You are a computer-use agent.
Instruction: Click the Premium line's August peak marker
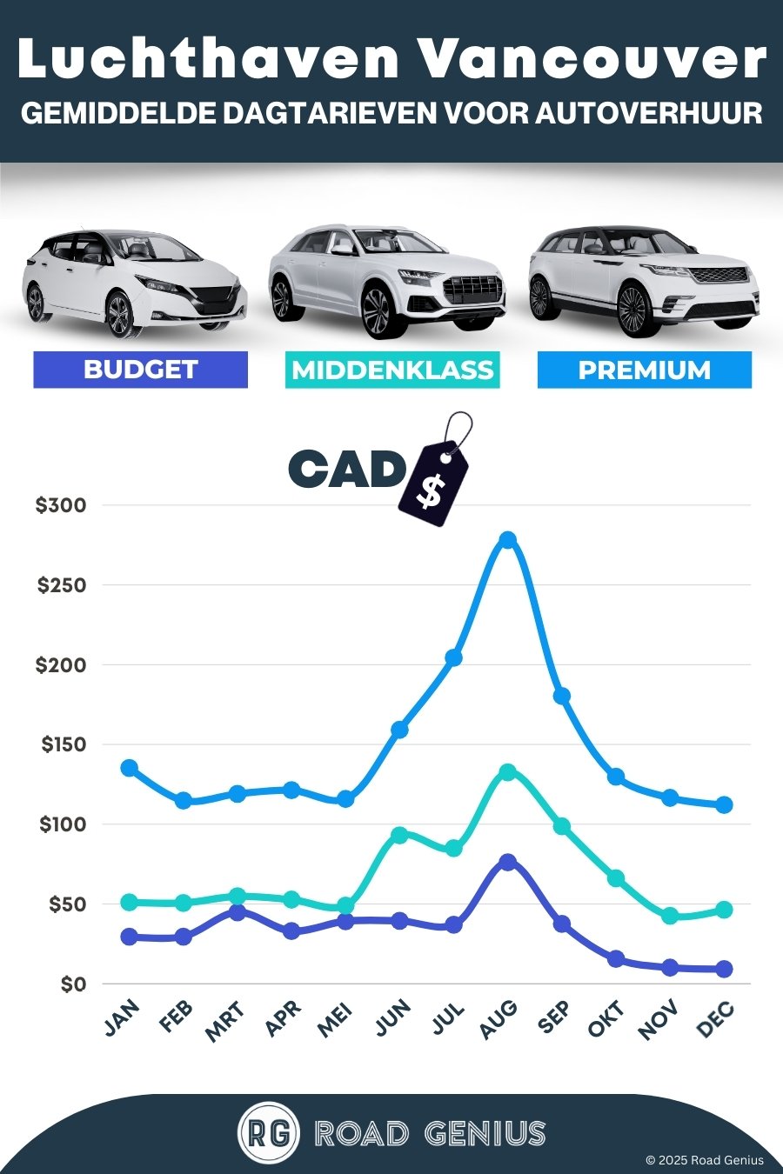508,540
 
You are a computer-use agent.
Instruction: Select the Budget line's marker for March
238,912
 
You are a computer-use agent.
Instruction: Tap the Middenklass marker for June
399,835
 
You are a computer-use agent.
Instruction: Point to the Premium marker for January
129,768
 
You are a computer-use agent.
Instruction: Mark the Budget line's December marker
724,969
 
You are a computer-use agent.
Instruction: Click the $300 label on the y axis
61,505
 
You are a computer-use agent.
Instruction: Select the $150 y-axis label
64,744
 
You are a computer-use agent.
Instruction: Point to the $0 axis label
73,984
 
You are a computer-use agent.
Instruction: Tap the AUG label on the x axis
499,1019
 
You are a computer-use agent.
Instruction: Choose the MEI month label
336,1019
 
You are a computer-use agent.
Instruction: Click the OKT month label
606,1019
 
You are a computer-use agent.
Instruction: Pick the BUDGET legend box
140,370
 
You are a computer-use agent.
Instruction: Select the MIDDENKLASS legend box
392,370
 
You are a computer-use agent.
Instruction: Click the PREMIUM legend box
644,370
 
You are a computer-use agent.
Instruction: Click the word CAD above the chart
346,470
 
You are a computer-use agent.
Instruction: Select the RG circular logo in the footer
269,1132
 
